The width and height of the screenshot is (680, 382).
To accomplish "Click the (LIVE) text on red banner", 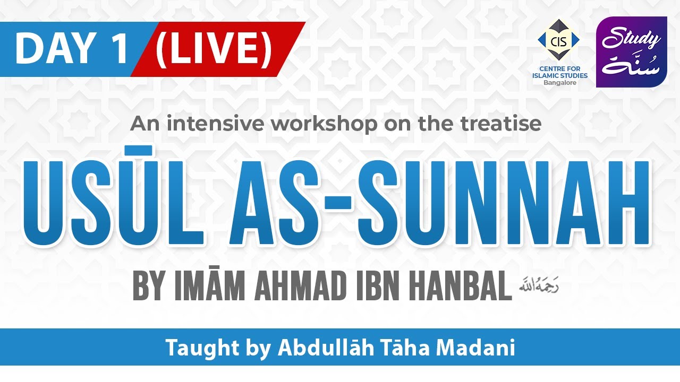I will pyautogui.click(x=214, y=49).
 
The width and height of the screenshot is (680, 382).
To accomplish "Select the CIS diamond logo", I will pyautogui.click(x=558, y=40).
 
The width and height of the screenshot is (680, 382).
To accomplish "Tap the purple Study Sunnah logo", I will pyautogui.click(x=631, y=52).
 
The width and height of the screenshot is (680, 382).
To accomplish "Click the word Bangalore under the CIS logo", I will pyautogui.click(x=559, y=83).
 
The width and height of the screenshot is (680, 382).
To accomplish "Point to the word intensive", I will pyautogui.click(x=216, y=124).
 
